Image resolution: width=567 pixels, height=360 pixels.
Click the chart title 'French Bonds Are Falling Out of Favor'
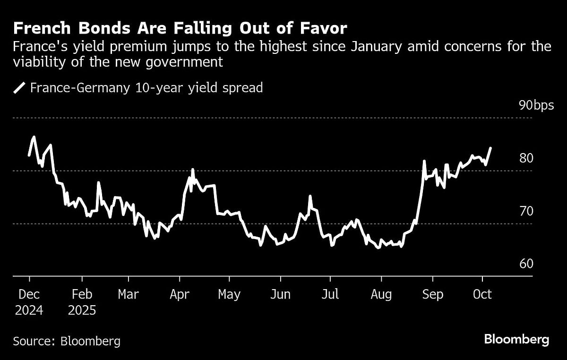click(x=180, y=29)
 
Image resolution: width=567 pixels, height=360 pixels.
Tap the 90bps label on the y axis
click(x=536, y=105)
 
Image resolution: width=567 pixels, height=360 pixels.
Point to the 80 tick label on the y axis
click(x=526, y=158)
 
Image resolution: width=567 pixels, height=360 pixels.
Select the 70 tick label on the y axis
click(x=526, y=211)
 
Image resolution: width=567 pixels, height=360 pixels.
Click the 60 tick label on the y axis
click(x=526, y=264)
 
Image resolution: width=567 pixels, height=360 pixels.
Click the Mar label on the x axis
click(x=128, y=295)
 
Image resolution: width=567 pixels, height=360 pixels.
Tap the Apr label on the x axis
click(x=179, y=295)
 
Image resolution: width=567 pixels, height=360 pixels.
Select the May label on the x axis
click(x=229, y=295)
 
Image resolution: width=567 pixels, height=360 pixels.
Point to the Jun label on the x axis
click(x=280, y=295)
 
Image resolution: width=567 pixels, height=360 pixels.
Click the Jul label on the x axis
click(x=330, y=295)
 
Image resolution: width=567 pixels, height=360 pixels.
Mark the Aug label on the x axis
click(x=381, y=295)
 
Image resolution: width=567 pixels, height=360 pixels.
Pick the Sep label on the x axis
click(x=432, y=295)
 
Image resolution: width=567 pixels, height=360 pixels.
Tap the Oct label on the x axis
click(x=482, y=295)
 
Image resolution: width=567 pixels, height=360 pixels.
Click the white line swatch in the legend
click(x=20, y=88)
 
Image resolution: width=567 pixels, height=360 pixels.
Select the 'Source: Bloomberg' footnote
click(x=67, y=341)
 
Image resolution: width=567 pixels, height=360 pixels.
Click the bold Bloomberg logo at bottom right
click(x=516, y=339)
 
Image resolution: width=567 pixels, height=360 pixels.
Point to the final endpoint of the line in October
click(x=491, y=148)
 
